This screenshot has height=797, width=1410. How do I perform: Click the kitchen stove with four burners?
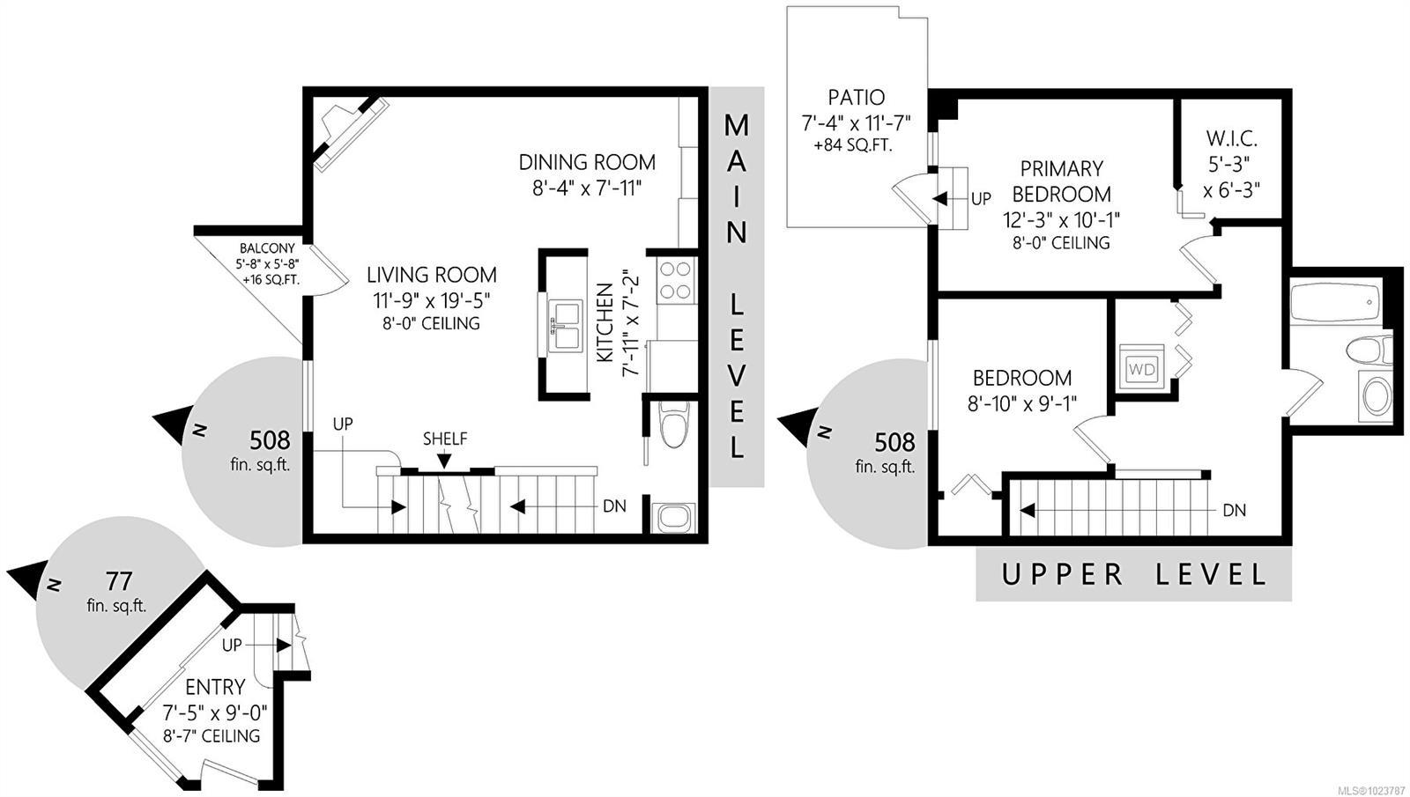pos(677,281)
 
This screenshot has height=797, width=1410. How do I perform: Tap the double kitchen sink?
pos(565,326)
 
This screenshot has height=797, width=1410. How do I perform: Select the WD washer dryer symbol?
pos(1142,369)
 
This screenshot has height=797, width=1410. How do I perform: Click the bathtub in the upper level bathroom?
pos(1335,303)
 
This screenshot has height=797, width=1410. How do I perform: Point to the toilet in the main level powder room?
pos(673,424)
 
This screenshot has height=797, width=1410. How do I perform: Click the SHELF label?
pos(445,439)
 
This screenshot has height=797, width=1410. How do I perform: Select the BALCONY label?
pos(267,248)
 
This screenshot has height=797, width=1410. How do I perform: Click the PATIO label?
pos(856,98)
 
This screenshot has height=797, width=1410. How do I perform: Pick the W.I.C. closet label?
pos(1231,138)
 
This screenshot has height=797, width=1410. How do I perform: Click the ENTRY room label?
pos(215,686)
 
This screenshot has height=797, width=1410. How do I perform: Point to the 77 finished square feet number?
pos(118,581)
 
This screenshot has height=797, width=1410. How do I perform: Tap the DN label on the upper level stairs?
pos(1235,510)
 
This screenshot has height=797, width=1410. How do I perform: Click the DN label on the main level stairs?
pos(614,506)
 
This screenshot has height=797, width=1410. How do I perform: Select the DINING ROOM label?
pos(587,162)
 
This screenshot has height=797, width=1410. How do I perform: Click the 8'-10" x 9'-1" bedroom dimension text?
pos(1021,403)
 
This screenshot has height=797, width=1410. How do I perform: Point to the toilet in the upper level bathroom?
pos(1369,350)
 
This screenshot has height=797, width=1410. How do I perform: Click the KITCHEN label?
pos(605,322)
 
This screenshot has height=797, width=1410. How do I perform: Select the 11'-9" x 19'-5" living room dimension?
pos(432,300)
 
